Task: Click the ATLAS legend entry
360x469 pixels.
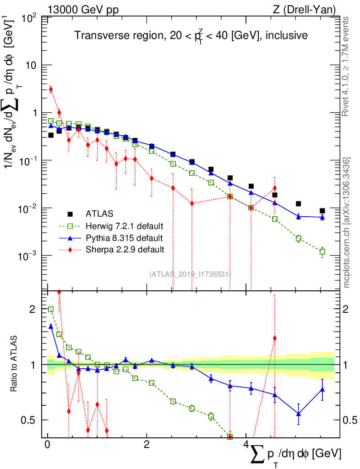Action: click(x=100, y=213)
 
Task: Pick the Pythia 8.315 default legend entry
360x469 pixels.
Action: click(x=122, y=238)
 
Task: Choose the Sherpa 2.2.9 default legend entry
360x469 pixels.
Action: click(x=122, y=250)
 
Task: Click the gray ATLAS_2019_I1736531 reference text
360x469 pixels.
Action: click(x=190, y=274)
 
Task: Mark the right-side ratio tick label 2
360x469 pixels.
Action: click(x=348, y=310)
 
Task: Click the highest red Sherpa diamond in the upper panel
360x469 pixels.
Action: click(x=51, y=89)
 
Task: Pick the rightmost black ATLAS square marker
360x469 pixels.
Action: click(x=322, y=211)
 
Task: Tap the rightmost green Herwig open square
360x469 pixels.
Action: click(x=322, y=251)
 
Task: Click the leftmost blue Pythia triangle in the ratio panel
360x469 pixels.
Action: click(x=51, y=327)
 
